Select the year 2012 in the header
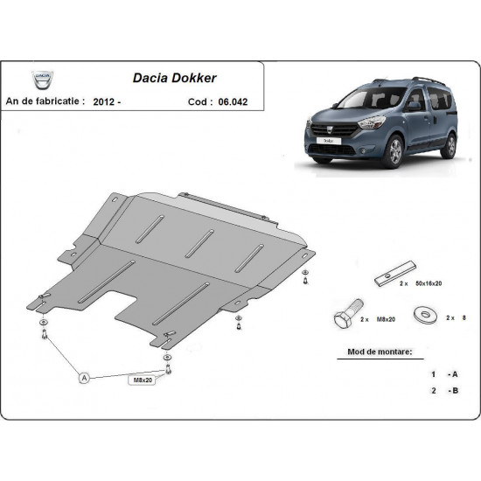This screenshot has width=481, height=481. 108,101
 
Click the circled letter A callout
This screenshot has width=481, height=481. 84,378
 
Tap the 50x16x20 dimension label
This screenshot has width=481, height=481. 429,285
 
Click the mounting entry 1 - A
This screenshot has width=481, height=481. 443,373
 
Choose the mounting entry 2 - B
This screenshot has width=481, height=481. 443,391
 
